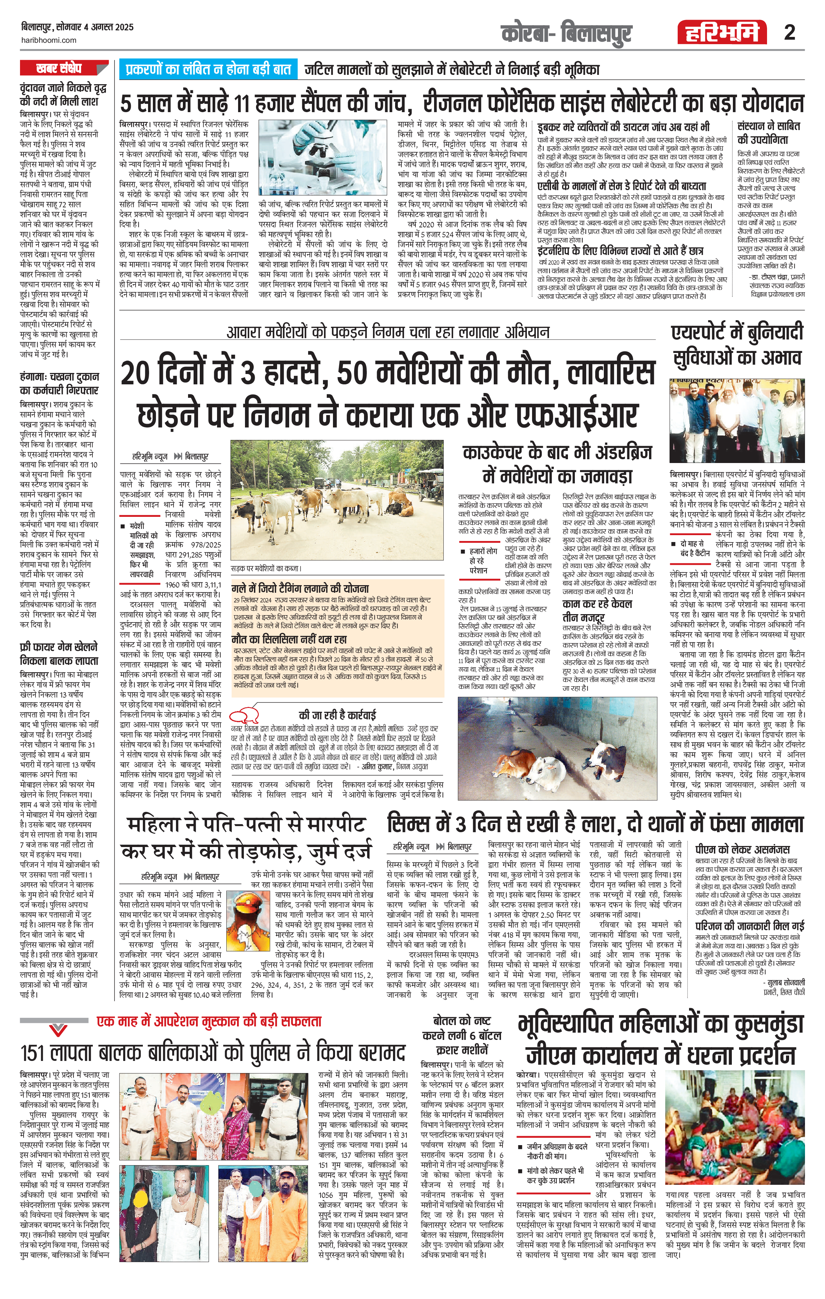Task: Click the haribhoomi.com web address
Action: click(x=49, y=40)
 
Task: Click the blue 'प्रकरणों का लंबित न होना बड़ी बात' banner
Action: click(x=208, y=70)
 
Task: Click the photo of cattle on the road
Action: click(x=337, y=501)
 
